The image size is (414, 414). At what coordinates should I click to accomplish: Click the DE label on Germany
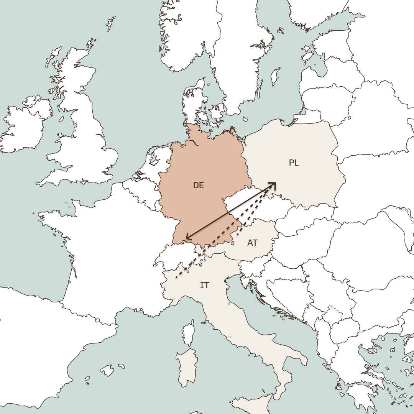pos(199,186)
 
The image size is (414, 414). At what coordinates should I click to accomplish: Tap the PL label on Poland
pos(294,163)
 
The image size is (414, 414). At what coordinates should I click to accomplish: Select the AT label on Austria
pos(252,243)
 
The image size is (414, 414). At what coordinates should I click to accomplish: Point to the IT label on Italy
pos(205,286)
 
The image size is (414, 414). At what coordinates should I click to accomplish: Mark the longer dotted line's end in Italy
pos(176,277)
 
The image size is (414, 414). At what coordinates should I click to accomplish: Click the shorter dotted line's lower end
pos(237,235)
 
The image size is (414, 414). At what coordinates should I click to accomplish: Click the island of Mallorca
pos(107,371)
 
